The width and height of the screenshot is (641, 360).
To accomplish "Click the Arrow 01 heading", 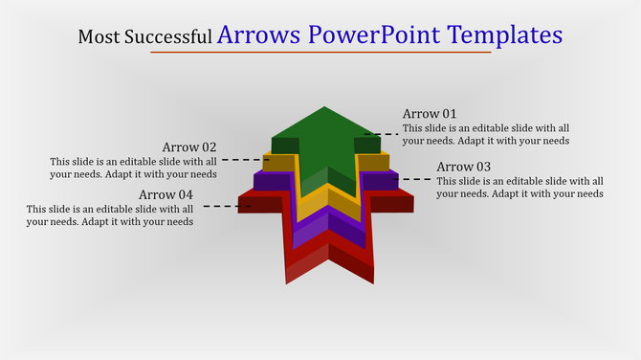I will (x=430, y=114).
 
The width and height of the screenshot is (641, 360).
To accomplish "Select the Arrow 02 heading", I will (x=188, y=147).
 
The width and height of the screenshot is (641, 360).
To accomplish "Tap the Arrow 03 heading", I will (x=463, y=168).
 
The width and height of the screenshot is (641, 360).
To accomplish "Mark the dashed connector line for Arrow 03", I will (x=414, y=179).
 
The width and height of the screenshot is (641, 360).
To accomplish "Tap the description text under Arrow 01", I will (x=486, y=134).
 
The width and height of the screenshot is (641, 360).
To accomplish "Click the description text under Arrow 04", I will (x=110, y=215).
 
